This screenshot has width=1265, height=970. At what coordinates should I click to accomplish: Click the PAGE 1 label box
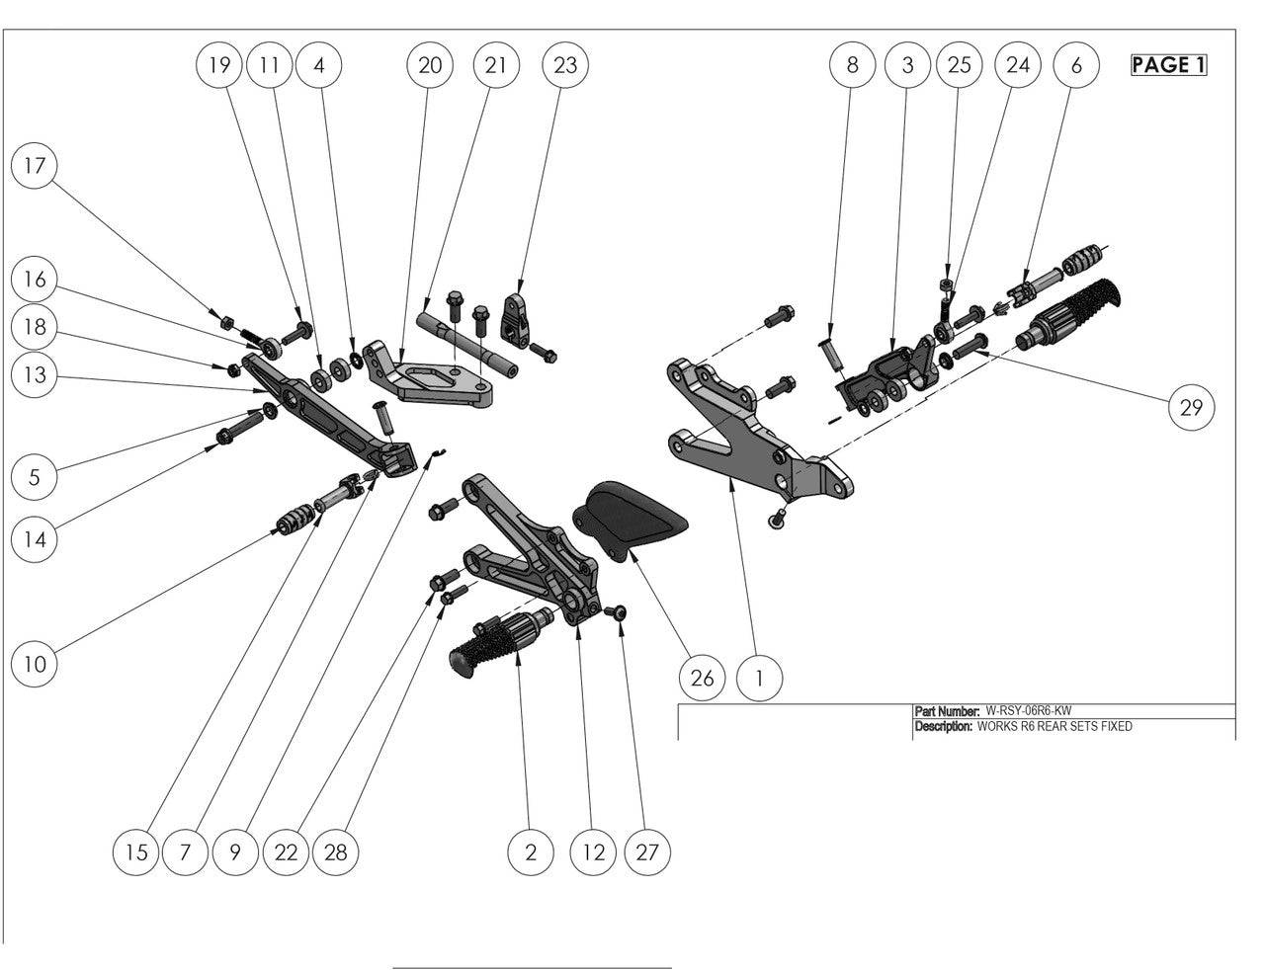pyautogui.click(x=1169, y=65)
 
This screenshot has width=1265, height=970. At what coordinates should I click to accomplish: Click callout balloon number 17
pyautogui.click(x=35, y=165)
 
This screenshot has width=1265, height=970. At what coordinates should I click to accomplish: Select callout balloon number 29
pyautogui.click(x=1191, y=407)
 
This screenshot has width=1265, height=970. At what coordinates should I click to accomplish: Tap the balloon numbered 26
pyautogui.click(x=702, y=678)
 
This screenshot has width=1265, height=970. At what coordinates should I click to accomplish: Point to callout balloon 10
pyautogui.click(x=35, y=664)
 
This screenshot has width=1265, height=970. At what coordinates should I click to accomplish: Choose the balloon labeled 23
pyautogui.click(x=565, y=65)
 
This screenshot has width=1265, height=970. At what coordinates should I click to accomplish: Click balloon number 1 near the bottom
pyautogui.click(x=759, y=678)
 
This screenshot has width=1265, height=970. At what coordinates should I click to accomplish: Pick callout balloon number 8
pyautogui.click(x=852, y=65)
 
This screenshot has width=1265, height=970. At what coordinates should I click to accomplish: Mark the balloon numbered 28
pyautogui.click(x=336, y=851)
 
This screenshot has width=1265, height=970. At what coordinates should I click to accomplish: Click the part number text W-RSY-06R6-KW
pyautogui.click(x=1028, y=710)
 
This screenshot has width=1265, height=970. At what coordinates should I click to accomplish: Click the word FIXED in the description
pyautogui.click(x=1114, y=726)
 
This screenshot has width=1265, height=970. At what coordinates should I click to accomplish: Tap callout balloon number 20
pyautogui.click(x=430, y=65)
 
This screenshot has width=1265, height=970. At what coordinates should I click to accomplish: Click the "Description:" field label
pyautogui.click(x=944, y=726)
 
